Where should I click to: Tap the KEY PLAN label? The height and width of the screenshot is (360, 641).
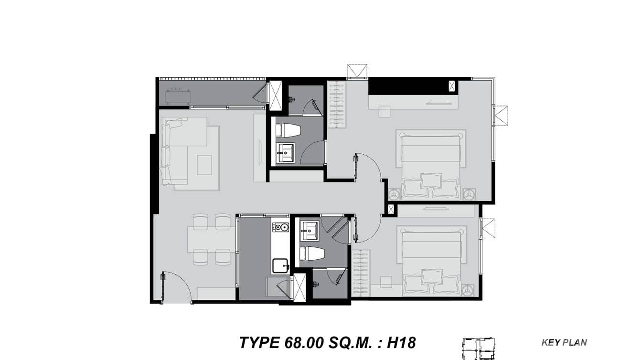[x=564, y=342]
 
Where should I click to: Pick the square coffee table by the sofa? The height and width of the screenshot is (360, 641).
[x=204, y=165]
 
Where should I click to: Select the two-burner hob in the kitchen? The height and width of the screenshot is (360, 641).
[x=280, y=227]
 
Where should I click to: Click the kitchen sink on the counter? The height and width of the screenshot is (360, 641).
[x=280, y=265]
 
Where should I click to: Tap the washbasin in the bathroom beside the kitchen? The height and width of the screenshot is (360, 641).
[x=310, y=232]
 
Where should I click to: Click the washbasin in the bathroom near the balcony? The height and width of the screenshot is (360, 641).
[x=287, y=153]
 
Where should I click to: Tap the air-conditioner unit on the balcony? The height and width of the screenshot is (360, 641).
[x=178, y=96]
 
